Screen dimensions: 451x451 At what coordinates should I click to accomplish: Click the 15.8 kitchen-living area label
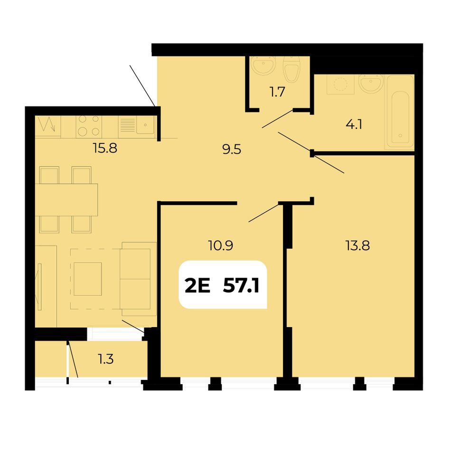click(x=105, y=149)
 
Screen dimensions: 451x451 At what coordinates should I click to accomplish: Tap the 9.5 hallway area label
click(x=232, y=150)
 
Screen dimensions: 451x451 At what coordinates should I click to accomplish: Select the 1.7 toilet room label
click(x=277, y=92)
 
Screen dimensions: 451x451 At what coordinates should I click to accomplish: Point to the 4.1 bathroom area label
click(x=354, y=124)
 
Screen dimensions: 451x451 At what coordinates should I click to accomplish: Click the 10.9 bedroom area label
click(x=220, y=245)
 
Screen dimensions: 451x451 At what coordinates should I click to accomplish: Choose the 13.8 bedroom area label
click(x=357, y=245)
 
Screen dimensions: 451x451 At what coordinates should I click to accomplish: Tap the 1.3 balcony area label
click(x=106, y=359)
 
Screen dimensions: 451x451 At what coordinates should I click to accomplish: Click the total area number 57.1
click(x=241, y=286)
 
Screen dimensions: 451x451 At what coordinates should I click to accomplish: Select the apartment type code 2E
click(x=197, y=286)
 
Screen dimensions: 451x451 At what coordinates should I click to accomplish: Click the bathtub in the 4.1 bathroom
click(x=400, y=112)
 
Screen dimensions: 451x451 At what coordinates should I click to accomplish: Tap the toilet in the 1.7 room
click(x=291, y=69)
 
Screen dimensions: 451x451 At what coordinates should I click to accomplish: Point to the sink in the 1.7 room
click(x=263, y=66)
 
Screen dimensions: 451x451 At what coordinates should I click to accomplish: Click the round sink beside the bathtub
click(x=371, y=83)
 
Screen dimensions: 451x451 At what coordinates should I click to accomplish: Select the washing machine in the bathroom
click(x=340, y=85)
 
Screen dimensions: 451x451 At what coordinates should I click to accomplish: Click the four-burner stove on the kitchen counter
click(x=89, y=126)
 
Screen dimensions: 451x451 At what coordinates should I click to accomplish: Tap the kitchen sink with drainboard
click(x=136, y=126)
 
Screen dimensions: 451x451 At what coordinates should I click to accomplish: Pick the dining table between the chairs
click(x=66, y=200)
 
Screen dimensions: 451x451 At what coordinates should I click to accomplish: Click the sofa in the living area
click(x=139, y=279)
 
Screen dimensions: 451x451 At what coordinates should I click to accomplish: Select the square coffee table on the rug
click(x=88, y=279)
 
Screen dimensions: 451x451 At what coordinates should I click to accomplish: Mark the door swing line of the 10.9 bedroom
click(x=264, y=213)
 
